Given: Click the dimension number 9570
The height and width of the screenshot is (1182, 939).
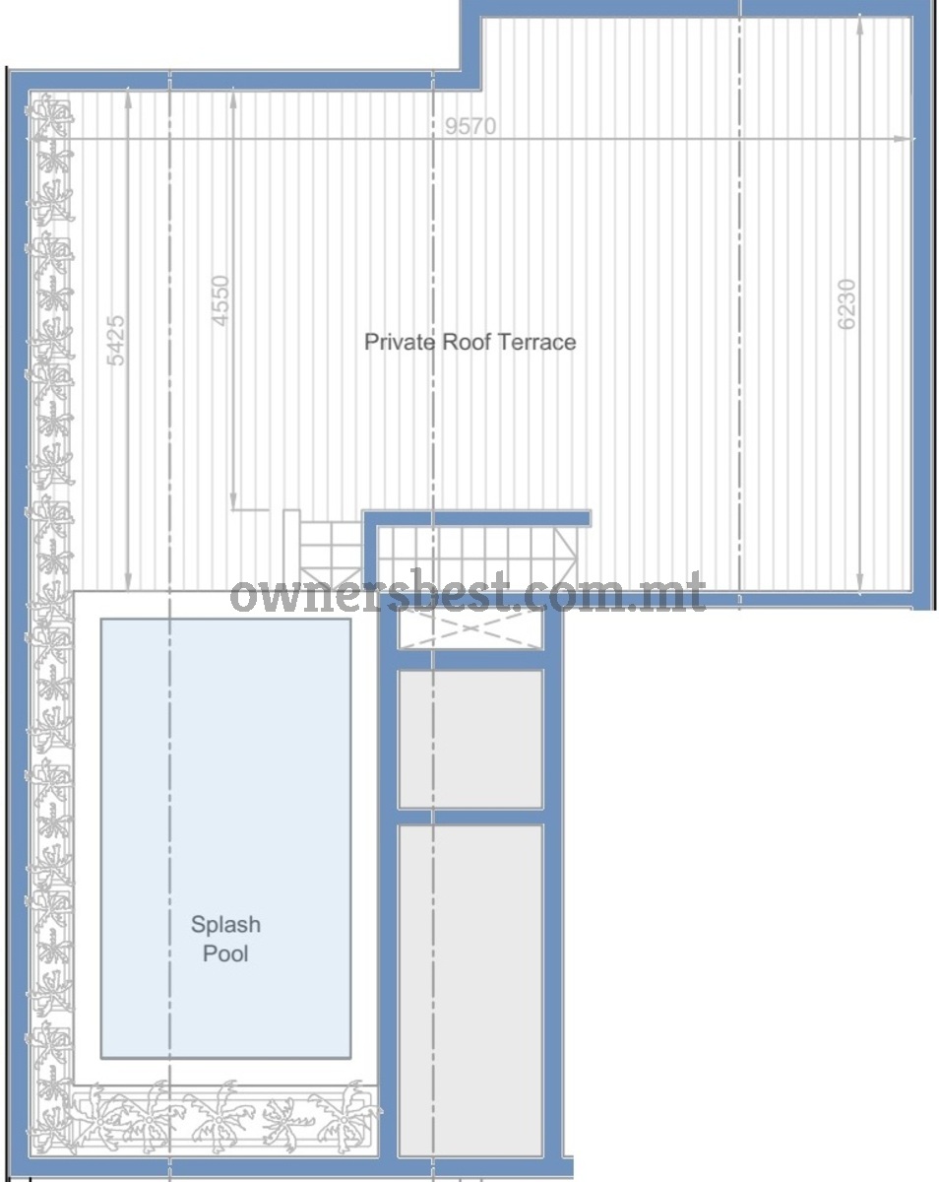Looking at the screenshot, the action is [x=469, y=126].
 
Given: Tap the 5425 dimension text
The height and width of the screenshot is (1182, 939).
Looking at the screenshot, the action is [x=116, y=340].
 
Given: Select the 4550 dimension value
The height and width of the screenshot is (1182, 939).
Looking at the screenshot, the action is [x=220, y=301].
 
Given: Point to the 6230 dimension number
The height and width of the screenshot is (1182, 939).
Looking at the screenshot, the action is [x=846, y=304].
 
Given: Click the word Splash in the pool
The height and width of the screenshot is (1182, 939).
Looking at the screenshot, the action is [x=225, y=924].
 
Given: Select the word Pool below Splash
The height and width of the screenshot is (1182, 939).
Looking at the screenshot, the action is [x=225, y=953].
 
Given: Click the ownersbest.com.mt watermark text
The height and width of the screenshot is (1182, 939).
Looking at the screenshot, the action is [x=469, y=593].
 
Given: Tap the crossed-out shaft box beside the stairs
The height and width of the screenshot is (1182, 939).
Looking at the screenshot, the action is [x=470, y=628].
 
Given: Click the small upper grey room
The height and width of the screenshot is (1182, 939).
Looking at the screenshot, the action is [x=470, y=740].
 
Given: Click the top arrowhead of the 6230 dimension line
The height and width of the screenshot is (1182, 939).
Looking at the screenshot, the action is [x=859, y=25].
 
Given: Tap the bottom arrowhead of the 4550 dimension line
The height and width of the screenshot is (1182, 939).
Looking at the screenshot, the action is [x=233, y=501].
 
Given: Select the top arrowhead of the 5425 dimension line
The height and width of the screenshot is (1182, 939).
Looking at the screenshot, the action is [x=128, y=98].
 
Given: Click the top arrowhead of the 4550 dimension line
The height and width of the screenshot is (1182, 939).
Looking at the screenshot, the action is [x=233, y=98].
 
